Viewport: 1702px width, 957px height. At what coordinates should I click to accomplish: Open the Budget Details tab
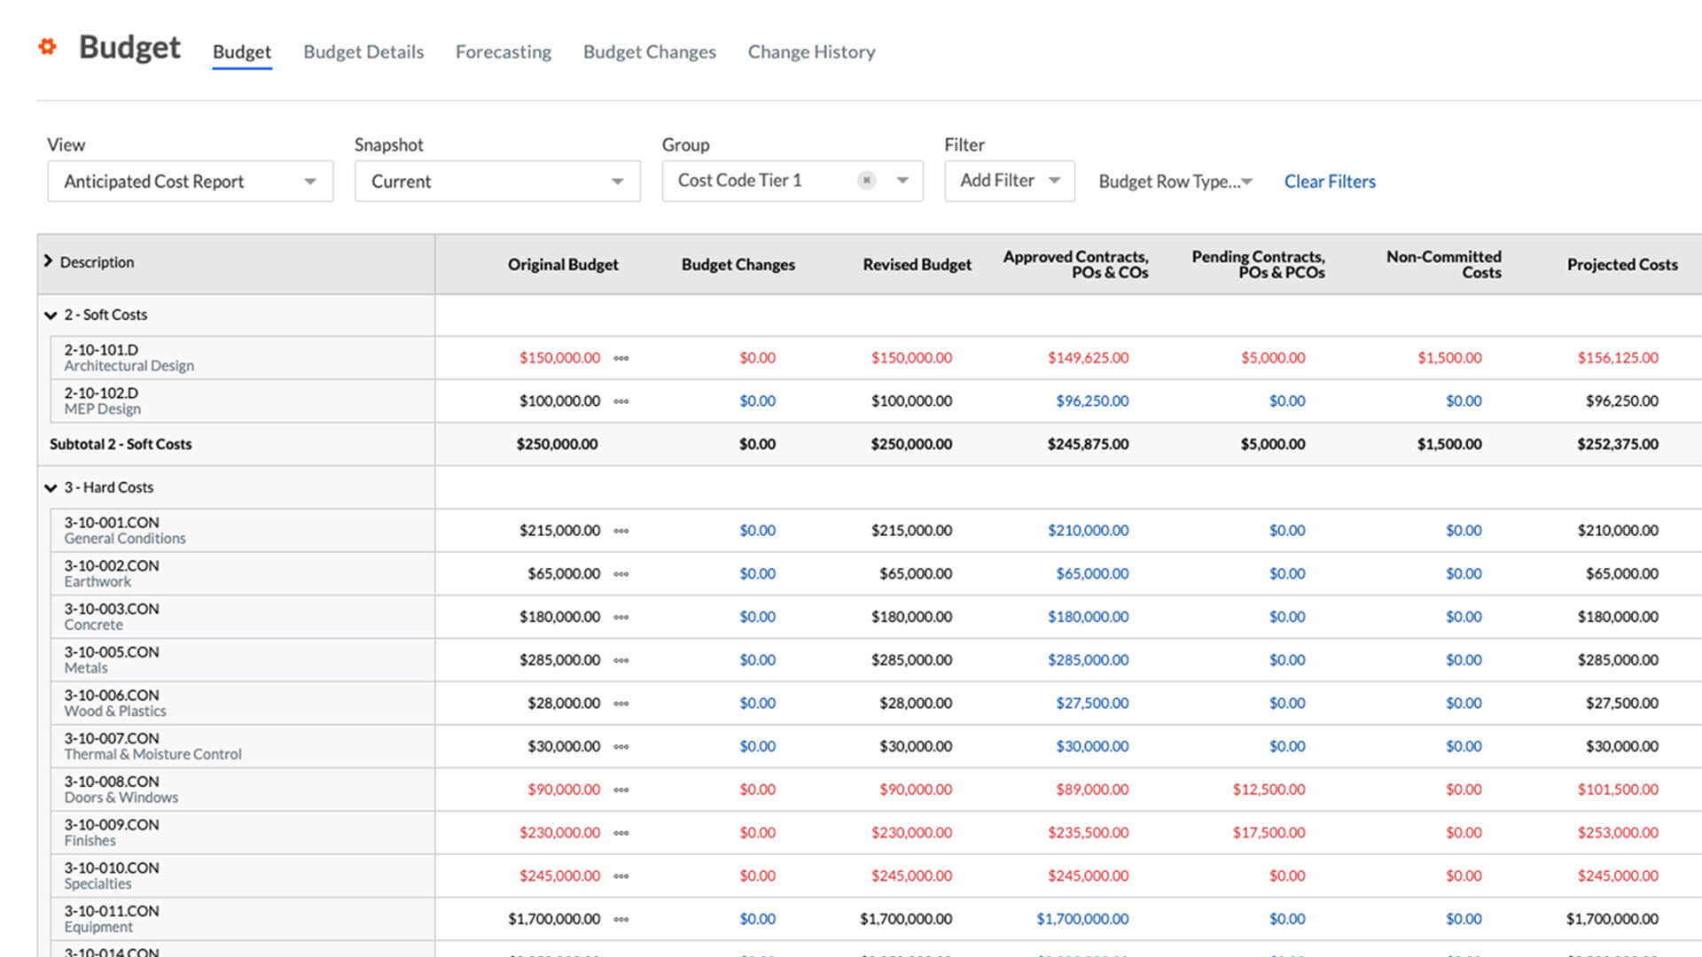click(x=363, y=52)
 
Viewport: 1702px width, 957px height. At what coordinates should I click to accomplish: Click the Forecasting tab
click(x=503, y=52)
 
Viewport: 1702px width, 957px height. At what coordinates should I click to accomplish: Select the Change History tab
click(x=811, y=52)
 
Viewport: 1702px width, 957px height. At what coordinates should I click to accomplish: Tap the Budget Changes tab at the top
click(x=649, y=52)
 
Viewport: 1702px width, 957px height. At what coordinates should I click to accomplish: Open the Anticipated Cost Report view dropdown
click(x=190, y=182)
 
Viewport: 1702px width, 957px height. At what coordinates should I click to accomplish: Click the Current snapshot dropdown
click(x=496, y=182)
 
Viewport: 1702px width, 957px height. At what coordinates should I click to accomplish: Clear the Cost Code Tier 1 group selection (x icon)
click(x=866, y=181)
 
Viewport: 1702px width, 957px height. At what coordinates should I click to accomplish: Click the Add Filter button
click(x=1009, y=181)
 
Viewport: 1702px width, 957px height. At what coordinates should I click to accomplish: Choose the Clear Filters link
click(x=1330, y=182)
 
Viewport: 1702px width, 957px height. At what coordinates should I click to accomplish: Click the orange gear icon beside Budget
click(x=48, y=47)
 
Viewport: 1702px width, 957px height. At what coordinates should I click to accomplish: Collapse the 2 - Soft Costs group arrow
click(x=51, y=315)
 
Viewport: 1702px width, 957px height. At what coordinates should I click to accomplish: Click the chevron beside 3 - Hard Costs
click(x=51, y=488)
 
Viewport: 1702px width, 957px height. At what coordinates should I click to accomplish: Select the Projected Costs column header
click(x=1621, y=265)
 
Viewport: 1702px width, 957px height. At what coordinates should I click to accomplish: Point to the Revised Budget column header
click(x=917, y=265)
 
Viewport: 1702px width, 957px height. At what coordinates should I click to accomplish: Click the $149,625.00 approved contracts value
click(x=1088, y=358)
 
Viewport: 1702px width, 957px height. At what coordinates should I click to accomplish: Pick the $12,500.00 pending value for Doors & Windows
click(x=1269, y=790)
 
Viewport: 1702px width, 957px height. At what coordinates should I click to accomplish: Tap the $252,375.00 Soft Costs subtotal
click(x=1617, y=444)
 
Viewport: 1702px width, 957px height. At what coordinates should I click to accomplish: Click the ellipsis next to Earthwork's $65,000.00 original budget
click(x=621, y=574)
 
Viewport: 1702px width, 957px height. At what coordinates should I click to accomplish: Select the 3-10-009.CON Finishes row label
click(x=111, y=832)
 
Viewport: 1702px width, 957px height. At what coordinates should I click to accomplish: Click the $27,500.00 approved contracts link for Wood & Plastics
click(x=1092, y=704)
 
